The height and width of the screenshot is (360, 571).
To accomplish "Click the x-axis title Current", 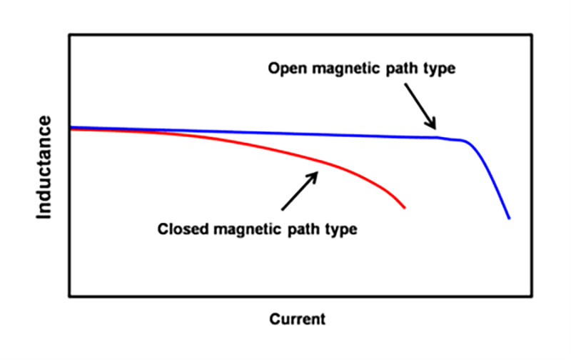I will tap(297, 319).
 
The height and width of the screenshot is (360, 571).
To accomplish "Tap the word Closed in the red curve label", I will tap(178, 230).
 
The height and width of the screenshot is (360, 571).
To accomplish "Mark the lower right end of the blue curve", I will tap(509, 218).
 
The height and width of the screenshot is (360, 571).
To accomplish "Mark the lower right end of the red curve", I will tap(405, 207).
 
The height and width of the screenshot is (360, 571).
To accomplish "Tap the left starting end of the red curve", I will tap(71, 130).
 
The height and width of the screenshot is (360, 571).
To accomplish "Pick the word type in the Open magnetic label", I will tap(440, 69).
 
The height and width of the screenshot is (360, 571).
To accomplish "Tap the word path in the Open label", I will tap(400, 69).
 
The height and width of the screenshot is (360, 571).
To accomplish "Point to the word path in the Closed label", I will tap(303, 230).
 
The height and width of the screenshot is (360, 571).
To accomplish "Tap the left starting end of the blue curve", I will tap(71, 127).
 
